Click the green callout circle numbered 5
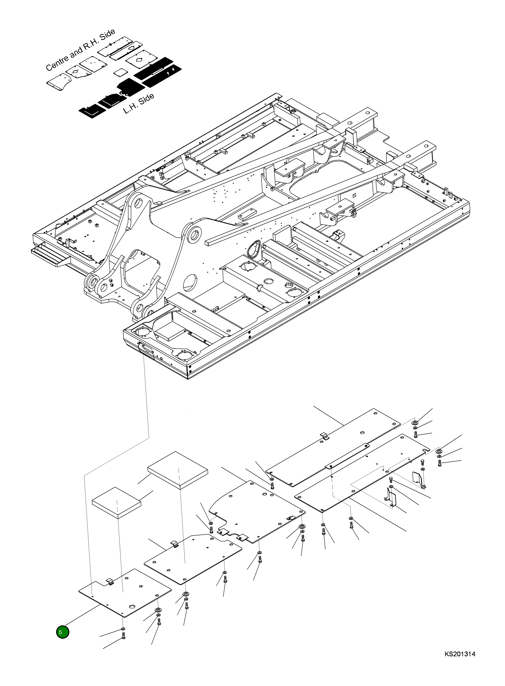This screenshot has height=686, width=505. [x=62, y=632]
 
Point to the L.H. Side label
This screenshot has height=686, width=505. [x=139, y=104]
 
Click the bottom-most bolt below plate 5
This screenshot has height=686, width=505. [x=123, y=644]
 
